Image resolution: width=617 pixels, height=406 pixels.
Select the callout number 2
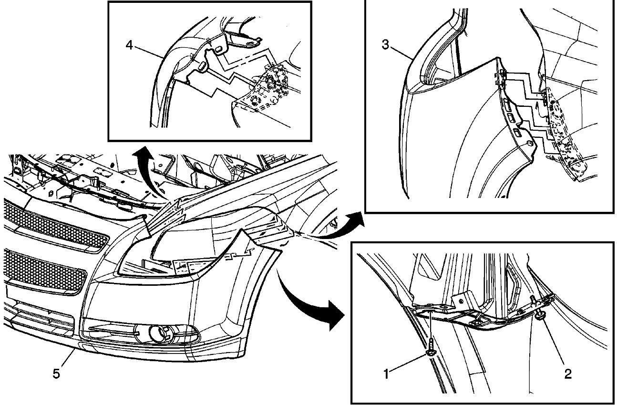[x=567, y=374]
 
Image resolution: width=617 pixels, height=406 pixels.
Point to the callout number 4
[x=129, y=45]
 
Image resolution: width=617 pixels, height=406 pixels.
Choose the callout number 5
[x=56, y=374]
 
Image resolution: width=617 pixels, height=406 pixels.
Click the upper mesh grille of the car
[x=52, y=227]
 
